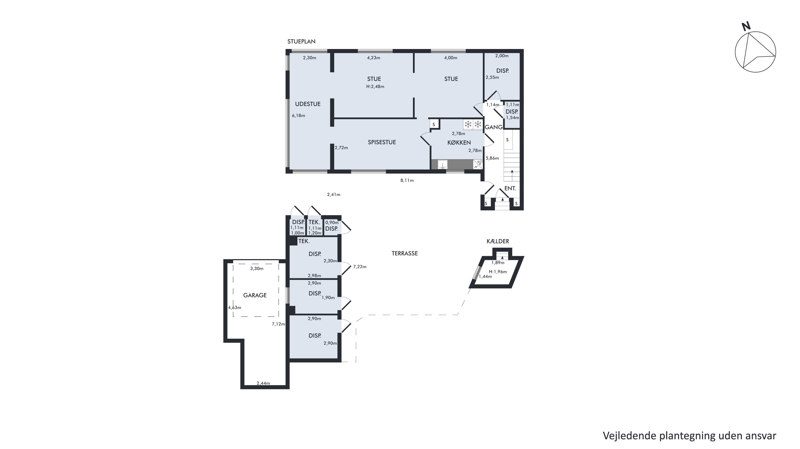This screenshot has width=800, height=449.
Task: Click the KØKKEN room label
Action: click(x=459, y=143)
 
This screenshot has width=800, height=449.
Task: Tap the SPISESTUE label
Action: click(x=382, y=142)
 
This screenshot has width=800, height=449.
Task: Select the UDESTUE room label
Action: click(x=308, y=104)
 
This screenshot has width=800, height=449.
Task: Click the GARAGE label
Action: click(x=255, y=295)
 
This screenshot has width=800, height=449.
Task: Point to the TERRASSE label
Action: click(x=404, y=253)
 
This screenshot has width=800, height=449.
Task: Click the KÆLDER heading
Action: click(x=498, y=241)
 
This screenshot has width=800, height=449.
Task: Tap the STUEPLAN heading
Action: click(x=301, y=42)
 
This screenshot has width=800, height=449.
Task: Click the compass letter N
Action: click(x=746, y=26)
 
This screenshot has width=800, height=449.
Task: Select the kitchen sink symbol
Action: click(x=442, y=164)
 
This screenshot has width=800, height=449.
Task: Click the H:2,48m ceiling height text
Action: click(x=375, y=87)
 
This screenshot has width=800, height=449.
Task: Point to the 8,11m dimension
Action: click(x=407, y=181)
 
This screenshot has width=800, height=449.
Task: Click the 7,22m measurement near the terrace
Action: click(x=360, y=267)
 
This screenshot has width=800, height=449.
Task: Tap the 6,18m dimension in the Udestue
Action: click(x=298, y=116)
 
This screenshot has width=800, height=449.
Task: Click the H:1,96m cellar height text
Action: click(x=498, y=272)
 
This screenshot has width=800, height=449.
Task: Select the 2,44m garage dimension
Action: click(x=263, y=383)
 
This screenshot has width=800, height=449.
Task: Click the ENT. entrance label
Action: click(x=510, y=189)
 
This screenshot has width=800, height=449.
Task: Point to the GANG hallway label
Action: click(x=493, y=127)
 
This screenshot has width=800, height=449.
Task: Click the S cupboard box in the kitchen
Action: click(x=434, y=124)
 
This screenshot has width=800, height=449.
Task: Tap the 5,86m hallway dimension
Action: click(x=492, y=158)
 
